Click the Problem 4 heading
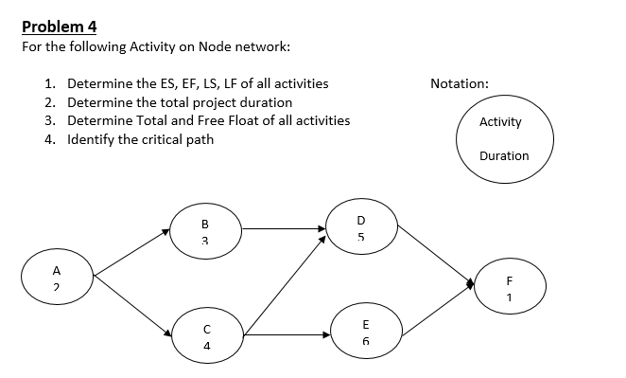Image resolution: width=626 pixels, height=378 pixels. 59,26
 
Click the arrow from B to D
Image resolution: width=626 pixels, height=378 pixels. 284,227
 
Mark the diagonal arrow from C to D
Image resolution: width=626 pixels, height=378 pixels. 284,285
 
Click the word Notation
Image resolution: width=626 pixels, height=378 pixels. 459,83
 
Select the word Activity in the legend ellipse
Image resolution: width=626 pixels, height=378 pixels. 499,122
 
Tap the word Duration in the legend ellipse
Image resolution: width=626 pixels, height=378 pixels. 503,155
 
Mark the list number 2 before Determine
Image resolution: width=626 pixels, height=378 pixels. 49,102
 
